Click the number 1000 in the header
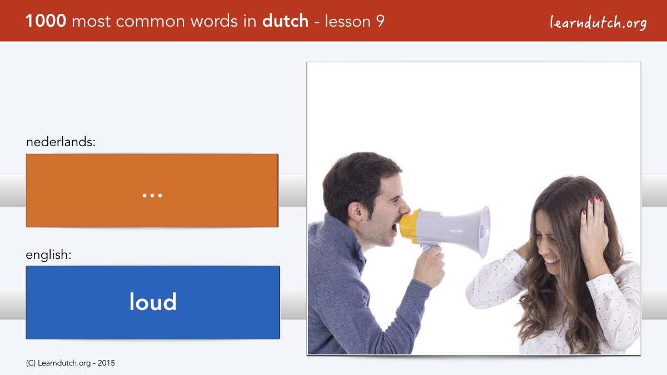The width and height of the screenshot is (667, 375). point(46,21)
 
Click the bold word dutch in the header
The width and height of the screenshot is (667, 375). point(285,21)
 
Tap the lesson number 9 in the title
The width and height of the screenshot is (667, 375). point(380,21)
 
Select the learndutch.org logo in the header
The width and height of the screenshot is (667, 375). point(598,23)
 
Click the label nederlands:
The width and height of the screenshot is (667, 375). point(61,142)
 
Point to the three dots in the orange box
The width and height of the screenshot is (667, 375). point(152,196)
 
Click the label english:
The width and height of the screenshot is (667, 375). point(48,255)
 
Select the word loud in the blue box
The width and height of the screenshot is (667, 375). point(153,302)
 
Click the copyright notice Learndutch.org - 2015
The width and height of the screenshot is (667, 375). point(70,363)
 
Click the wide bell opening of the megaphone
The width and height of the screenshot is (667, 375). point(483,232)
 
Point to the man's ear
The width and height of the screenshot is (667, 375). point(356,212)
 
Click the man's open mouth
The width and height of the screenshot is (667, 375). point(394,228)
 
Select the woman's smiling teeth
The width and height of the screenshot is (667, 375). point(551,262)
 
